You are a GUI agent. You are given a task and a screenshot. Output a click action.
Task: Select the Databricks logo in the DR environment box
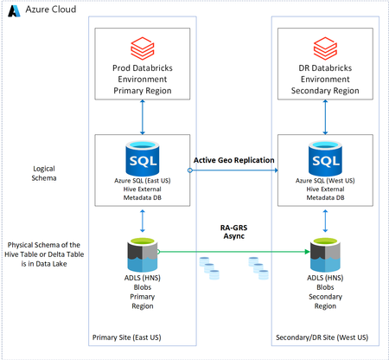coord(324,45)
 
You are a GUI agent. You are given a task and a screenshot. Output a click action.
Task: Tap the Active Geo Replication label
coord(233,160)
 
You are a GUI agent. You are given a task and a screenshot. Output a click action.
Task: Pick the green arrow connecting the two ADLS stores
coord(233,253)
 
